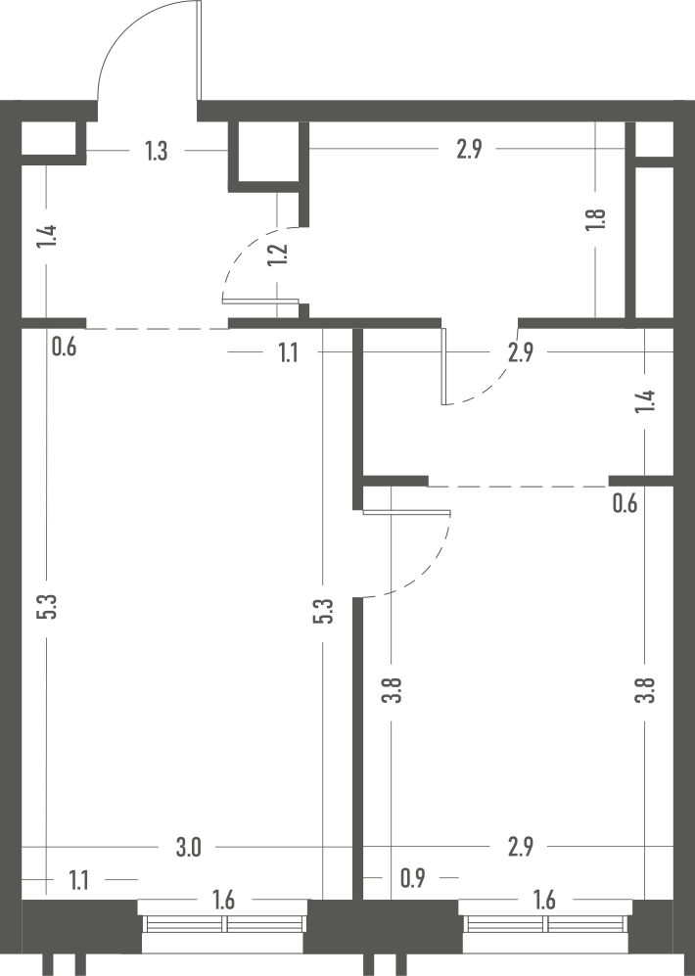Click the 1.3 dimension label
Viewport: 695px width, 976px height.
pos(157,151)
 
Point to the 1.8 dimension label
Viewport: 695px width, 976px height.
pos(595,219)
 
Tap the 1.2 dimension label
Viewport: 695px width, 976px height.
pos(277,254)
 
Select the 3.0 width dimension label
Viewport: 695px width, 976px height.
pos(188,847)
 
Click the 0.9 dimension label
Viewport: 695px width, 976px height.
pos(412,878)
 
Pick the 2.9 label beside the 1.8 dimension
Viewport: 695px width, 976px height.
pos(469,150)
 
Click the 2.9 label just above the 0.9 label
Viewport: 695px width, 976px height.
pos(520,847)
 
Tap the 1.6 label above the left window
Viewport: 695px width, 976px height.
pos(223,900)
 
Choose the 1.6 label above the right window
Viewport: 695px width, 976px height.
pos(544,900)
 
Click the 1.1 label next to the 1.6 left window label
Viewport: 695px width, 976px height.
pos(78,881)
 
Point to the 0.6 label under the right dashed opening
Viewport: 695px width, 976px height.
pos(625,503)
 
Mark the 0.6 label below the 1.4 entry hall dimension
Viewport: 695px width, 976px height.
pos(64,347)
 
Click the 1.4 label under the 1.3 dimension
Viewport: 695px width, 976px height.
pos(47,236)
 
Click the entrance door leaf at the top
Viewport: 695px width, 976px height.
pos(199,51)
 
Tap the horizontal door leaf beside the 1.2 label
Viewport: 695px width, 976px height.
pos(260,302)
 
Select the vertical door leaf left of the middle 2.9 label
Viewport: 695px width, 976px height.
pos(443,366)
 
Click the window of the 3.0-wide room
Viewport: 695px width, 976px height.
pos(223,925)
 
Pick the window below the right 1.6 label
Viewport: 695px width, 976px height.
pos(545,925)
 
